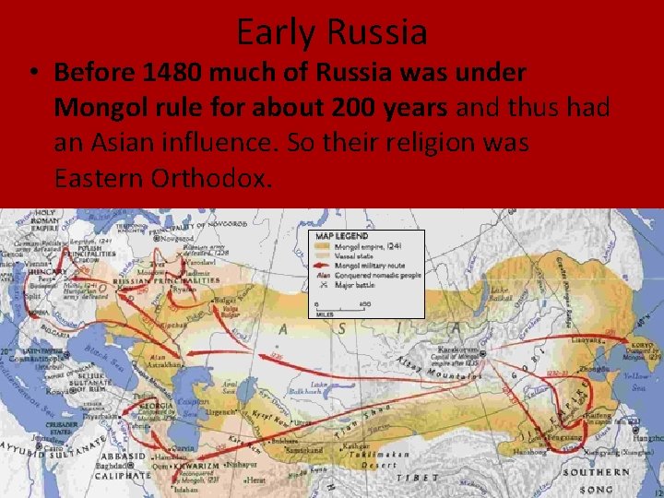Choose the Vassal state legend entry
[x=360, y=255]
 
